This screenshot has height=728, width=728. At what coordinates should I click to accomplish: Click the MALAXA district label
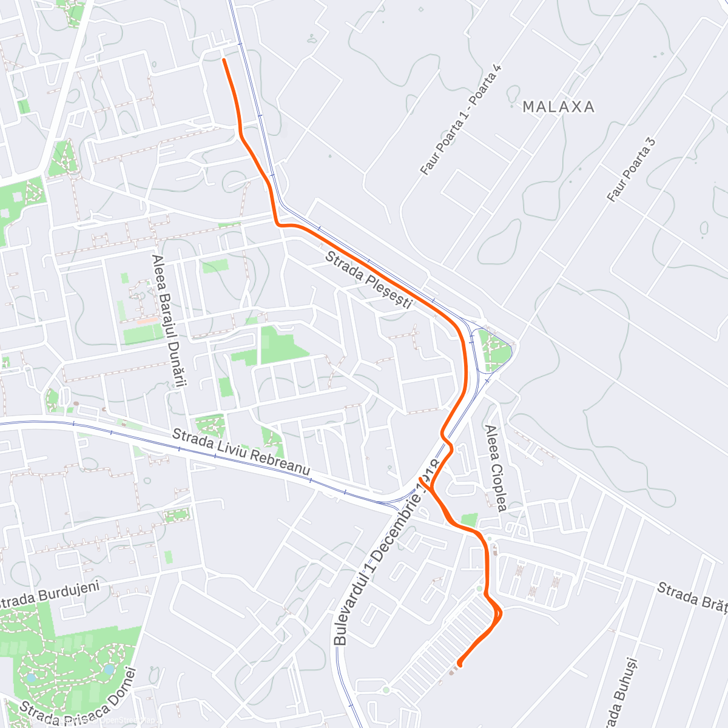pos(558,107)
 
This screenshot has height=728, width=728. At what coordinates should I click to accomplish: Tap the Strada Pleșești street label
pos(369,280)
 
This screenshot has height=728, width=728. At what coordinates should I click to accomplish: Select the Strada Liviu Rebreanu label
pos(241,453)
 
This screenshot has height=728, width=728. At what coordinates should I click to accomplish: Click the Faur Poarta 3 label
pos(632,170)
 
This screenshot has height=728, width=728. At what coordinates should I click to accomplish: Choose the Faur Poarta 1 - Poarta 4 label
pos(462,120)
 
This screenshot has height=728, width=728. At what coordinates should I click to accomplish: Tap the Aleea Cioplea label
pos(495,468)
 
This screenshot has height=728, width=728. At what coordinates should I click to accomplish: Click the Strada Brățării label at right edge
pos(692,598)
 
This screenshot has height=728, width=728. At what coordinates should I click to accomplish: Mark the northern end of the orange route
pos(224,59)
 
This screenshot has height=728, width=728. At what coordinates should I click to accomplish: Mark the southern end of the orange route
pos(459,663)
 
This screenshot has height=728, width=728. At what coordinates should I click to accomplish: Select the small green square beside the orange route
pos(468,519)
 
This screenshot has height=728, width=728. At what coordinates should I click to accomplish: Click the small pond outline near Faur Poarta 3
pos(704,229)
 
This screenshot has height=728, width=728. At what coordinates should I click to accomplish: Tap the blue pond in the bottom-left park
pos(109,669)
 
